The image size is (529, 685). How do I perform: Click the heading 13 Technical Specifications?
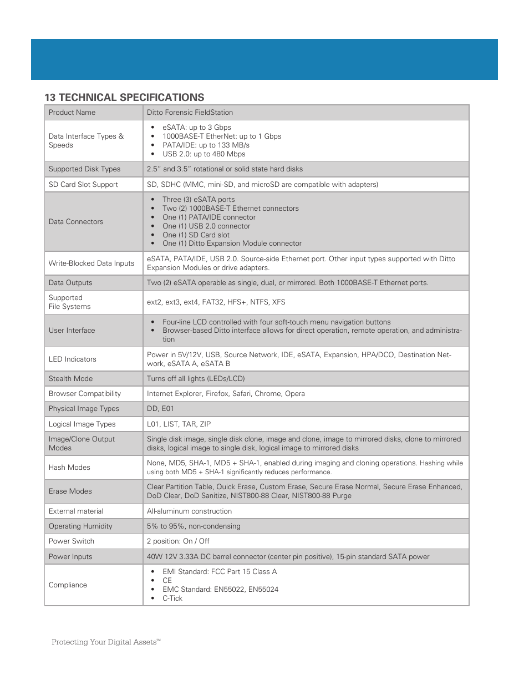(124, 98)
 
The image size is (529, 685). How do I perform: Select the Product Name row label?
(72, 113)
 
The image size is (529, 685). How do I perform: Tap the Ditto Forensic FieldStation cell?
(190, 113)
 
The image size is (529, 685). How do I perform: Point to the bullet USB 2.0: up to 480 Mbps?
(204, 154)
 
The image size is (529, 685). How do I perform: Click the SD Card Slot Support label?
(83, 185)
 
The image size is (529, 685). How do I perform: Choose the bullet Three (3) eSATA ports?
(198, 200)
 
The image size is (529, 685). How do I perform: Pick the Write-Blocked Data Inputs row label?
(91, 263)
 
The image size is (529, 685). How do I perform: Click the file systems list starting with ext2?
(216, 302)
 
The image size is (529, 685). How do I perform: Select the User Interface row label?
(72, 331)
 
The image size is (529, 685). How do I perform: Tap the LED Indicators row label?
(72, 359)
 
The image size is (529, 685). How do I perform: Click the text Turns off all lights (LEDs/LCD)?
(196, 379)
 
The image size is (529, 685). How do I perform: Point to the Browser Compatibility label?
(84, 394)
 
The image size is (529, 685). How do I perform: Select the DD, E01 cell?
(160, 409)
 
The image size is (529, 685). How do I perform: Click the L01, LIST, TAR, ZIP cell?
(179, 424)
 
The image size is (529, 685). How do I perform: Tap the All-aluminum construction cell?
(189, 511)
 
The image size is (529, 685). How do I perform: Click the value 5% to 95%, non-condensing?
(194, 526)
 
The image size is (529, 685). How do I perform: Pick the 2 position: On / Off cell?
(178, 541)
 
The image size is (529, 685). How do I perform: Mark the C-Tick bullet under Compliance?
(172, 598)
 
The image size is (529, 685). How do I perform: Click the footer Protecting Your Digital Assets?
(105, 642)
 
